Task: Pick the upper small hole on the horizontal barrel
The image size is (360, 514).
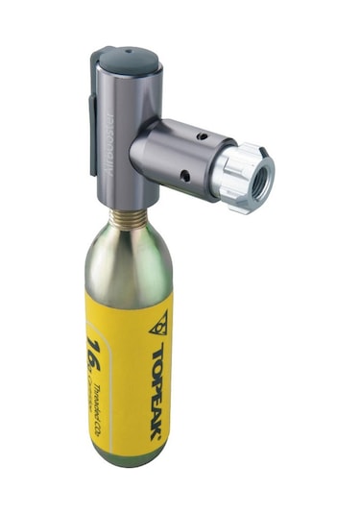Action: pos(200,136)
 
